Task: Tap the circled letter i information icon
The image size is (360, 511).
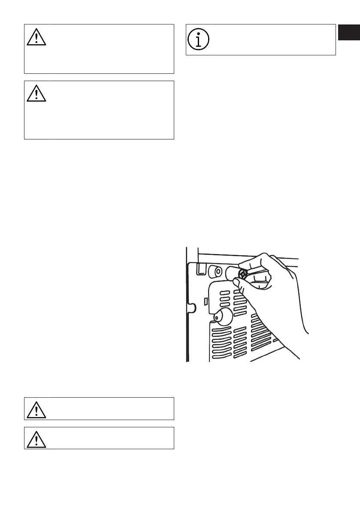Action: pos(198,39)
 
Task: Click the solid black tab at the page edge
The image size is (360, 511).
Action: pos(348,32)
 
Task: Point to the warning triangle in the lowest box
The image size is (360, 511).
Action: pos(36,438)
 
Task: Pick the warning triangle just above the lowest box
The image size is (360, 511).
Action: pos(36,408)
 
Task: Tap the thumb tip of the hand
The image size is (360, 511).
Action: pos(236,281)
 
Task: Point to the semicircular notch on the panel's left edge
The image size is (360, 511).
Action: pos(192,307)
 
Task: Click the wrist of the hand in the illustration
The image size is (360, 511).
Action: pos(296,313)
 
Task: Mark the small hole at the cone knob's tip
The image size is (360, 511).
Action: pos(218,318)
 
